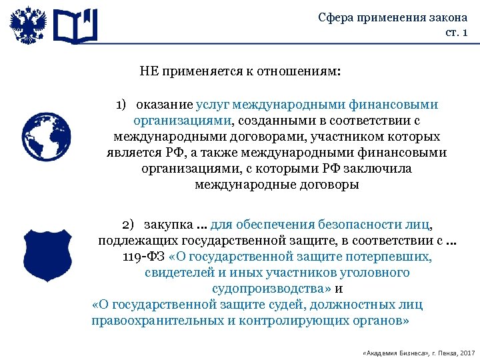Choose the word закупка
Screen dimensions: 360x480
[166, 225]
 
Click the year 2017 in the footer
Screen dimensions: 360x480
[466, 352]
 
